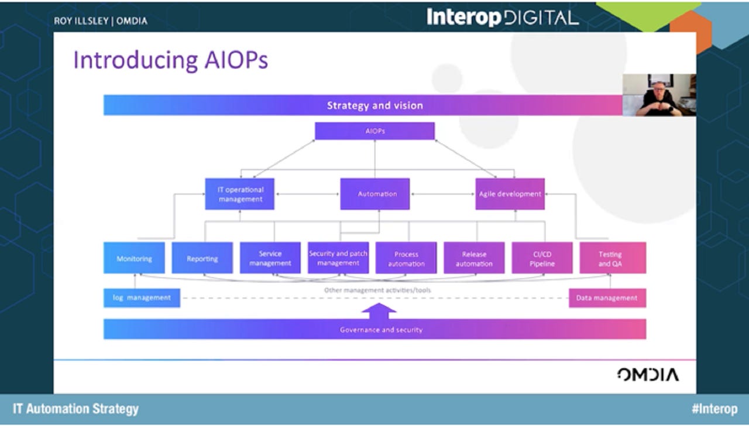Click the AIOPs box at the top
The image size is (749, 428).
pos(374,131)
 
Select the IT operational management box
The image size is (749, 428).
pos(240,194)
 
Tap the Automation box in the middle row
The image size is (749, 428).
pos(375,194)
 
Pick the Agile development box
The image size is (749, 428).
pos(510,194)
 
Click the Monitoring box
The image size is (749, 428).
pos(134,258)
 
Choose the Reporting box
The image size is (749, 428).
pos(202,258)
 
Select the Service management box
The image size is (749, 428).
pos(270,258)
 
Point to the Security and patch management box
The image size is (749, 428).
pos(338,258)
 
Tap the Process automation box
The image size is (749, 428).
pos(406,258)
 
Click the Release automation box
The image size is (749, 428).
pos(474,258)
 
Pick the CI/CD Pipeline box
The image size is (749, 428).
pos(541,258)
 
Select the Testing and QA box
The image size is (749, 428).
pos(613,258)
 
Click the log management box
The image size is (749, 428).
pos(142,297)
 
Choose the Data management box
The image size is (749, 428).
pos(607,297)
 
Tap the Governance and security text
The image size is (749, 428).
pos(381,330)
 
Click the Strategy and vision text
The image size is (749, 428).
pos(374,105)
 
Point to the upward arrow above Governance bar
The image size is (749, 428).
pos(379,310)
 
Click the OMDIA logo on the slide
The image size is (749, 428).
pos(648,375)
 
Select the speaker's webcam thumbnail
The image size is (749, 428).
pos(659,95)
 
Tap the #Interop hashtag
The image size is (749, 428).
pos(714,409)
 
